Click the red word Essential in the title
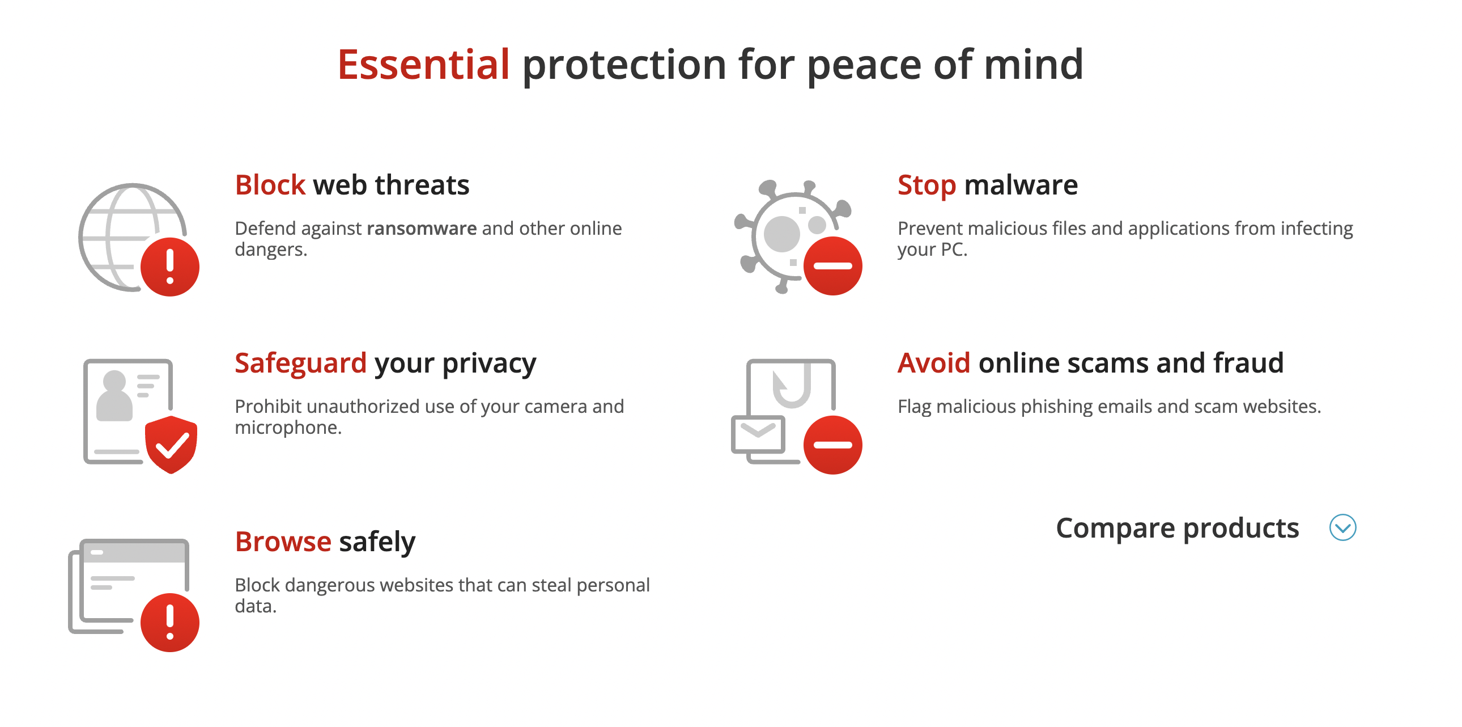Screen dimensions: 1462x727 [x=423, y=64]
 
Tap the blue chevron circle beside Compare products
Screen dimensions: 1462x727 [x=1342, y=527]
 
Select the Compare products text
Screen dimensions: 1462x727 [x=1177, y=528]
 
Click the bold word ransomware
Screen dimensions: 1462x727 [x=422, y=229]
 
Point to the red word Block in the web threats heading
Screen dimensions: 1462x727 [x=270, y=185]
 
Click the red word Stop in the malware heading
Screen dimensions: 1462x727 [x=927, y=186]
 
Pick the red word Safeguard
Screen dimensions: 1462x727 [x=301, y=363]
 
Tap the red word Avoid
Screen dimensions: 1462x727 [x=934, y=363]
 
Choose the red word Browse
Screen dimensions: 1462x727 [x=283, y=541]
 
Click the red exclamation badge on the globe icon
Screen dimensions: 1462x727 [x=169, y=267]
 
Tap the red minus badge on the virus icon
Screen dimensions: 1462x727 [x=832, y=266]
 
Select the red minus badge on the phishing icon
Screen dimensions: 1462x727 [x=832, y=445]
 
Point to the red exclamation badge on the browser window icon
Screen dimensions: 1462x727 [x=169, y=623]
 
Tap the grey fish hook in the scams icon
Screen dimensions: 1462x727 [x=792, y=386]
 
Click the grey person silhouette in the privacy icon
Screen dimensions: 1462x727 [x=114, y=396]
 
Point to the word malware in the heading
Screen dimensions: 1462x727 [x=1021, y=185]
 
